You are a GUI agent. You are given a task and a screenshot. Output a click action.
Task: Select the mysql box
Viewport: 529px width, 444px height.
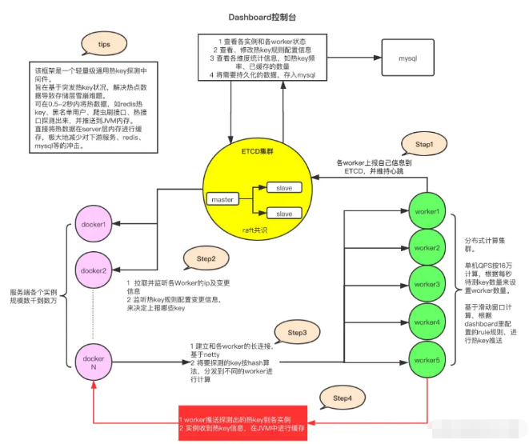pyautogui.click(x=407, y=58)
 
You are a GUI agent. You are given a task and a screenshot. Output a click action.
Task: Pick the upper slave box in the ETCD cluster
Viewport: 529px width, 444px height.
pyautogui.click(x=284, y=187)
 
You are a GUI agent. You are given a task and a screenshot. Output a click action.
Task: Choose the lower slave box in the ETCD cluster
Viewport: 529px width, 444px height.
pyautogui.click(x=284, y=214)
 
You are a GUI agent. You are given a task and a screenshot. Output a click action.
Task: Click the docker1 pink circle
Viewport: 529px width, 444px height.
pyautogui.click(x=94, y=225)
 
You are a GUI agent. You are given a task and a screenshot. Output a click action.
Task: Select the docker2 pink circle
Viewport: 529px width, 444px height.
pyautogui.click(x=94, y=270)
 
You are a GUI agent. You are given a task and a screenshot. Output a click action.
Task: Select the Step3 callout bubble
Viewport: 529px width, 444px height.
pyautogui.click(x=297, y=330)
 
